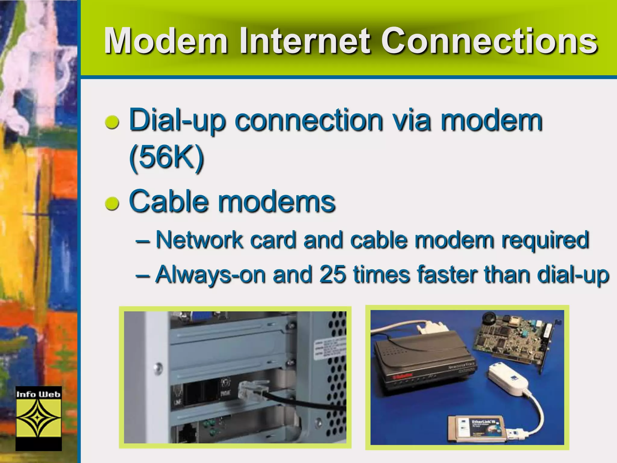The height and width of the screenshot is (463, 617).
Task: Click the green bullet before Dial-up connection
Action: tap(112, 123)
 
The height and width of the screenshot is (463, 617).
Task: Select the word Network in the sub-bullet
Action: tap(199, 240)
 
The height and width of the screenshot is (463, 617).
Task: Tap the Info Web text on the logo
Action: tap(38, 394)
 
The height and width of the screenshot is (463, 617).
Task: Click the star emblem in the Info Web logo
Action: tap(38, 418)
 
